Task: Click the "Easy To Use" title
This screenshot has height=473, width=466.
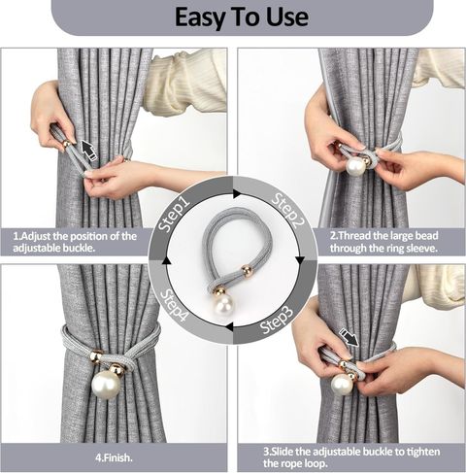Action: pyautogui.click(x=242, y=17)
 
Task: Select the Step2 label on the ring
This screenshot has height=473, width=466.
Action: pyautogui.click(x=288, y=211)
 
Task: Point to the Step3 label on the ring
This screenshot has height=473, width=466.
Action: pyautogui.click(x=278, y=320)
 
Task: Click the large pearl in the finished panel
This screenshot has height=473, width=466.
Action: pyautogui.click(x=106, y=385)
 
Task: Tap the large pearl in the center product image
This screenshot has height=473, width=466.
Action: pyautogui.click(x=223, y=306)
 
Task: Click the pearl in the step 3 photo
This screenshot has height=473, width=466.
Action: pyautogui.click(x=342, y=385)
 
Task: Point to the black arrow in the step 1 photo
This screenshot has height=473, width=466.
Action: pyautogui.click(x=89, y=150)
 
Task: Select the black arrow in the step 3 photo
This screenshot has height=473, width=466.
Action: pyautogui.click(x=349, y=337)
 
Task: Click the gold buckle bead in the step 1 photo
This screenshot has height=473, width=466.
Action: pyautogui.click(x=67, y=144)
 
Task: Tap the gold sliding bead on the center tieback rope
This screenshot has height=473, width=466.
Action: pyautogui.click(x=247, y=269)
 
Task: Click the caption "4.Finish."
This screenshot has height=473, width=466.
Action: pyautogui.click(x=114, y=457)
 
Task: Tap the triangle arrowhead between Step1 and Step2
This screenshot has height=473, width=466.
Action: pyautogui.click(x=237, y=194)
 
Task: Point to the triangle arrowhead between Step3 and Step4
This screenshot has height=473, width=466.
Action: pyautogui.click(x=229, y=326)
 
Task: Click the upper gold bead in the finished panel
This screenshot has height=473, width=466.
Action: pyautogui.click(x=97, y=356)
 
